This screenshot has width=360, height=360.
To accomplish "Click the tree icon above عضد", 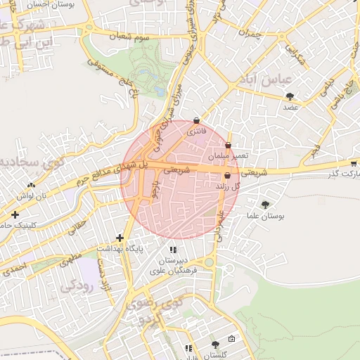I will (290, 96).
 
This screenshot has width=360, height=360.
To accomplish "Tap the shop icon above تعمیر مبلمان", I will (228, 145).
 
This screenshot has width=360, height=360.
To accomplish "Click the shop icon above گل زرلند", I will (226, 175).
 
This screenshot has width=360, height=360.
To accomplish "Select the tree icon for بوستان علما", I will (265, 205).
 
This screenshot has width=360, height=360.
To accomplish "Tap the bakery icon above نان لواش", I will (31, 185).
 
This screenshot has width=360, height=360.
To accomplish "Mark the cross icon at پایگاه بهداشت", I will (120, 238).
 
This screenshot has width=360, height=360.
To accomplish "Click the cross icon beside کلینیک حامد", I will (15, 214).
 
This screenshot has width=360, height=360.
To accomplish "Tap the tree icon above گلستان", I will (215, 345).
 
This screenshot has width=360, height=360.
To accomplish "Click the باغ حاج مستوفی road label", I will (112, 77).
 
